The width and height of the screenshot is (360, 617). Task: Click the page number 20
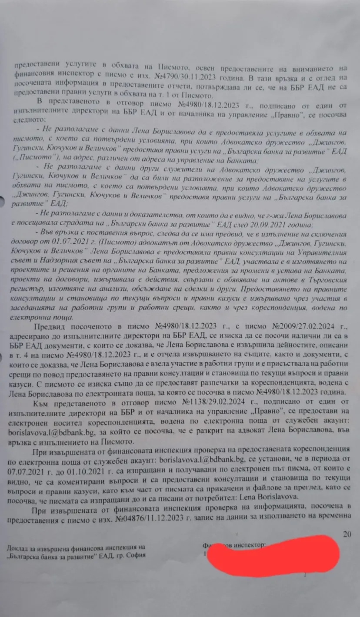347,534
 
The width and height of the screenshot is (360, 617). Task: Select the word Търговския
330,281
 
